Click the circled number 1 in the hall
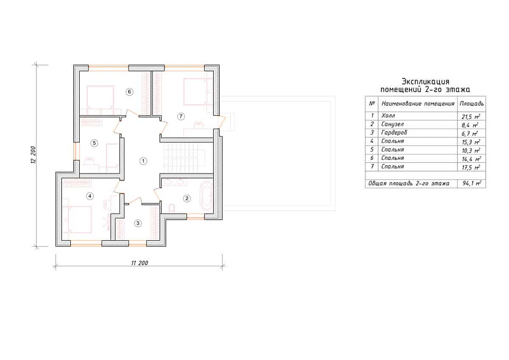pyautogui.click(x=143, y=161)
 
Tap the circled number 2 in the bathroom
pyautogui.click(x=187, y=198)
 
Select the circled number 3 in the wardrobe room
pyautogui.click(x=138, y=223)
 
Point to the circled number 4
pyautogui.click(x=90, y=196)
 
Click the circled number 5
pyautogui.click(x=94, y=143)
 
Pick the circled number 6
pyautogui.click(x=129, y=92)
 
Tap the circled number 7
pyautogui.click(x=181, y=116)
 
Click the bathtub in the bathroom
pyautogui.click(x=206, y=196)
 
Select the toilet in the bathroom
pyautogui.click(x=172, y=208)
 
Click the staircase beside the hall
pyautogui.click(x=184, y=158)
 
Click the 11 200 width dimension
pyautogui.click(x=139, y=263)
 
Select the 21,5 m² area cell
pyautogui.click(x=471, y=116)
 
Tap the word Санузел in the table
pyautogui.click(x=393, y=124)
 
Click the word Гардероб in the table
pyautogui.click(x=394, y=133)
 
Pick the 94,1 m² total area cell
pyautogui.click(x=471, y=184)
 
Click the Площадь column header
pyautogui.click(x=471, y=104)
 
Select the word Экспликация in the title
pyautogui.click(x=425, y=81)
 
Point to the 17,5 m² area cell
pyautogui.click(x=471, y=167)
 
